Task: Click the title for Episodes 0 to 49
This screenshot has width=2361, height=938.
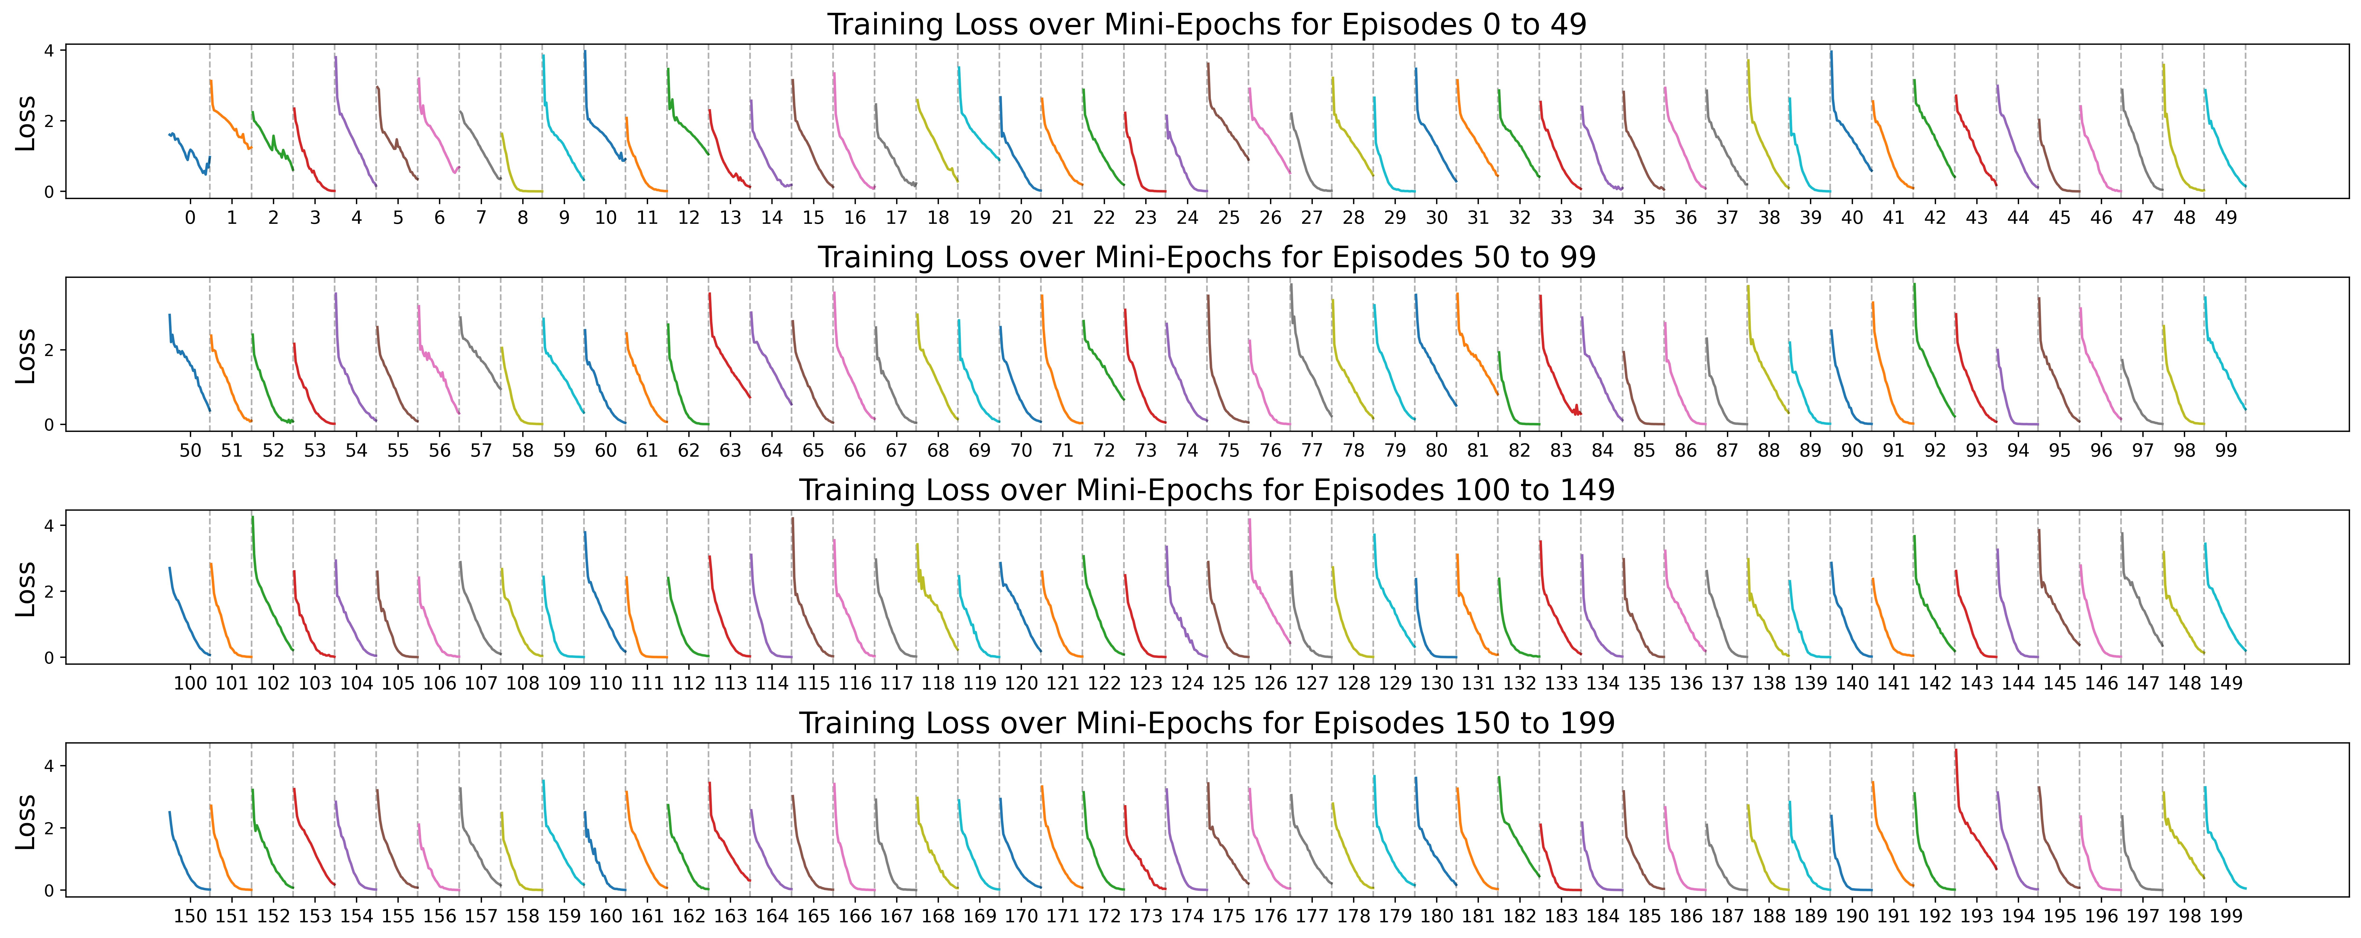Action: coord(1206,25)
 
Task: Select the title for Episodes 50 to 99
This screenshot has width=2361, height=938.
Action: coord(1206,258)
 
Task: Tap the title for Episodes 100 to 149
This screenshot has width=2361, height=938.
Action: coord(1206,491)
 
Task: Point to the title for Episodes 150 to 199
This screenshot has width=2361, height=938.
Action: coord(1206,723)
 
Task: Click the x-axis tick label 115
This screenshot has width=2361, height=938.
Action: coord(813,683)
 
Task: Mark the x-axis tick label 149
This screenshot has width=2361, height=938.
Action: coord(2225,683)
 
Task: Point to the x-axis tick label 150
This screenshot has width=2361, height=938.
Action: coord(190,916)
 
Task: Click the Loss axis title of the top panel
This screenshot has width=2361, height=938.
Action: coord(26,122)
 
